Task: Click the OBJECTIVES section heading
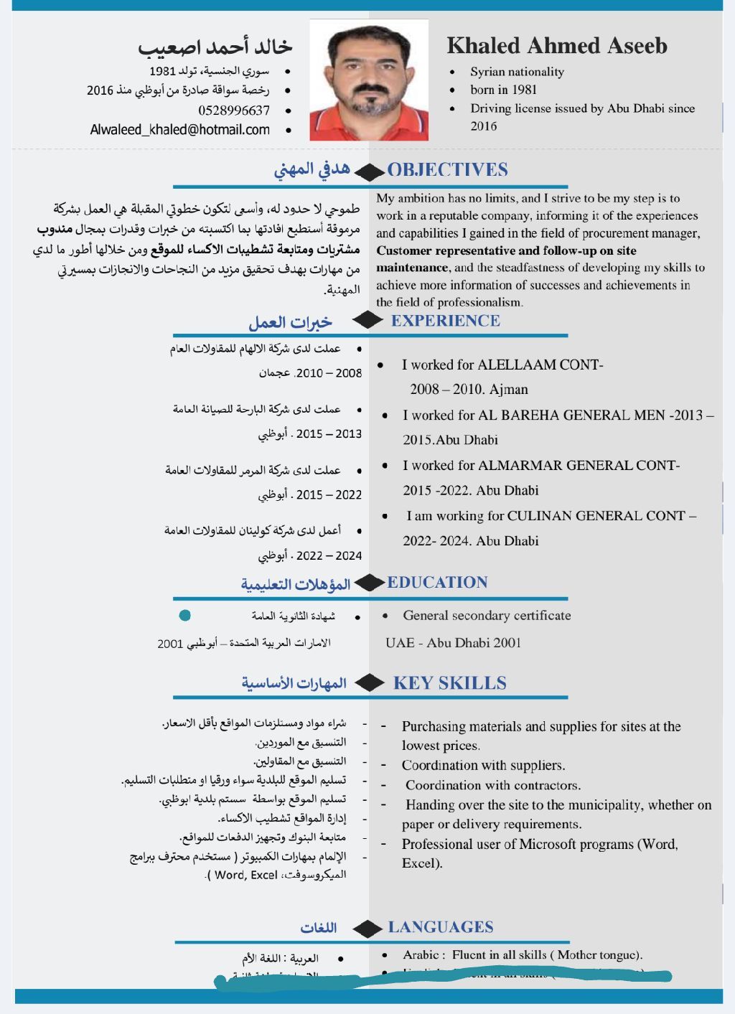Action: point(447,170)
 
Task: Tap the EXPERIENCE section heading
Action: point(445,321)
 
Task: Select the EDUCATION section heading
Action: point(437,582)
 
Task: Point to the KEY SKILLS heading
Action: point(449,683)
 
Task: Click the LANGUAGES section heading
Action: point(441,927)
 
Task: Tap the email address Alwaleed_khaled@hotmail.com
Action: point(180,130)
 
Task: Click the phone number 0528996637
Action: point(234,111)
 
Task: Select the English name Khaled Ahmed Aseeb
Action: point(557,46)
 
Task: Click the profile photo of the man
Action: point(369,80)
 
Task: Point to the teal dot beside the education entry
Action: point(184,615)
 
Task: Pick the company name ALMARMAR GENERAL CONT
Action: point(579,465)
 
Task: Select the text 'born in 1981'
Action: point(503,90)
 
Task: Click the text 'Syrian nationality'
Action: point(517,72)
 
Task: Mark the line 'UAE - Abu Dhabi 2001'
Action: point(453,642)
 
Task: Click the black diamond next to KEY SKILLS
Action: point(370,683)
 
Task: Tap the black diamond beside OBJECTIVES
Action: point(370,172)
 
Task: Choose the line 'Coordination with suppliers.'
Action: point(483,765)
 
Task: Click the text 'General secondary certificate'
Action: point(487,615)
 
